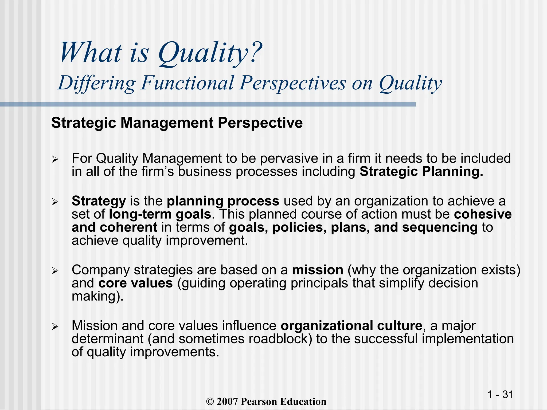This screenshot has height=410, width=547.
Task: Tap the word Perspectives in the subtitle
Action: tap(292, 83)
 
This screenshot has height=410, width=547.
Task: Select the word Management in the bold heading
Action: tap(167, 123)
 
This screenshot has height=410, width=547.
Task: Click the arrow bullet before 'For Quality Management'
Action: tap(55, 160)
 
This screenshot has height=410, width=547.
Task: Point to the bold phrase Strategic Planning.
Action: tap(421, 171)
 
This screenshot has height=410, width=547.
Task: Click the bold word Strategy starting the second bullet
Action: tap(99, 201)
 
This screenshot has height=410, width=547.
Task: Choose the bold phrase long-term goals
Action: tap(160, 214)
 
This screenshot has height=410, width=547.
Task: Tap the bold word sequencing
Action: tap(440, 227)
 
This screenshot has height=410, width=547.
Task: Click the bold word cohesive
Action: tap(483, 214)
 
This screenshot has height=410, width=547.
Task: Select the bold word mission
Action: tap(318, 270)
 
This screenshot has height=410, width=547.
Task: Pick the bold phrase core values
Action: tap(135, 283)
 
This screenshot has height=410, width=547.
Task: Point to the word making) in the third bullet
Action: tap(98, 296)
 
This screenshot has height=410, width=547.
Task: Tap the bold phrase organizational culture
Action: tap(351, 326)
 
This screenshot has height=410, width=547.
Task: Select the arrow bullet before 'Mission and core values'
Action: tap(55, 327)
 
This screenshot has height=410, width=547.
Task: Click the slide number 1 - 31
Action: tap(500, 394)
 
